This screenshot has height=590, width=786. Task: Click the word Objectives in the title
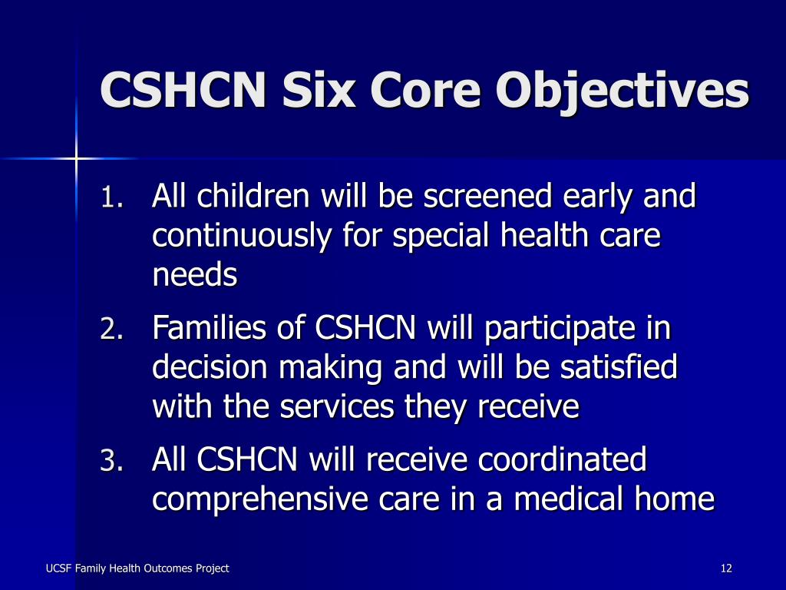[x=623, y=91]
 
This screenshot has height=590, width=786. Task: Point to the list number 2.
[x=112, y=329]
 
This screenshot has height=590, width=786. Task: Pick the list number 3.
[x=112, y=461]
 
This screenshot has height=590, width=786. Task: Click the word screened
[x=487, y=196]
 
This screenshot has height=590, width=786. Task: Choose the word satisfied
[x=619, y=367]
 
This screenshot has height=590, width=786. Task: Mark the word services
[x=336, y=407]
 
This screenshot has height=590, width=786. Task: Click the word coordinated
[x=562, y=459]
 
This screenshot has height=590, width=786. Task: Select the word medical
[x=568, y=499]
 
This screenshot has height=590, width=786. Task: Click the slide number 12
[x=726, y=568]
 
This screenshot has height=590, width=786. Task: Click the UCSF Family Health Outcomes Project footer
[x=137, y=568]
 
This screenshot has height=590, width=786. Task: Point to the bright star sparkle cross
[x=76, y=159]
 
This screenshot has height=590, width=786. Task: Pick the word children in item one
[x=253, y=196]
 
